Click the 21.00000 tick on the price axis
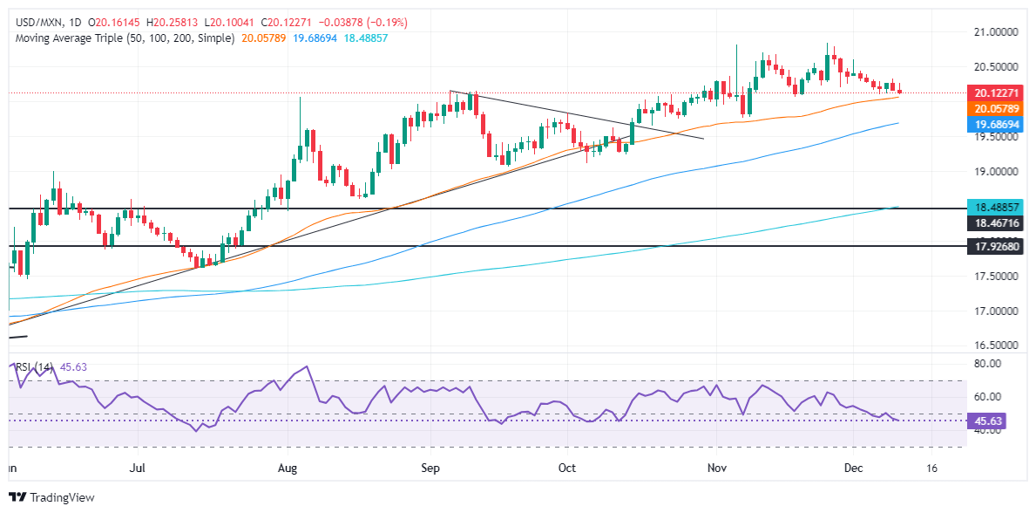(997, 31)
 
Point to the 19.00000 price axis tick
(997, 171)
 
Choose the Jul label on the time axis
(137, 469)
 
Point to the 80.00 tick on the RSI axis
(988, 363)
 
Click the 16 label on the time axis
(932, 469)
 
